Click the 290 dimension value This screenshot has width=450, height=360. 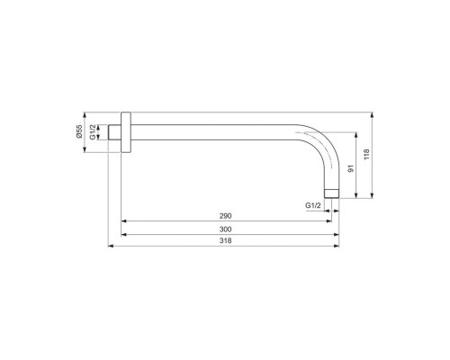pos(226,217)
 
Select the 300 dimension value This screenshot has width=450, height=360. pos(226,230)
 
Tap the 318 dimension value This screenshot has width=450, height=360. pos(226,245)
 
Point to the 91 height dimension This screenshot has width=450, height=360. pos(351,166)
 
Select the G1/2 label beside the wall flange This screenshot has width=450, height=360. pos(93,134)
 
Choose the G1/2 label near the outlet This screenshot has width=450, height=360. pos(313,206)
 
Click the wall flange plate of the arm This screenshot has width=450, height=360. pos(126,134)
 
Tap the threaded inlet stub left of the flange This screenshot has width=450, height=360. pos(115,134)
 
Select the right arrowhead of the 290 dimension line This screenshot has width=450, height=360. pos(325,222)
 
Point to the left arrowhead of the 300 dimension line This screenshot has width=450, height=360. pos(123,236)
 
